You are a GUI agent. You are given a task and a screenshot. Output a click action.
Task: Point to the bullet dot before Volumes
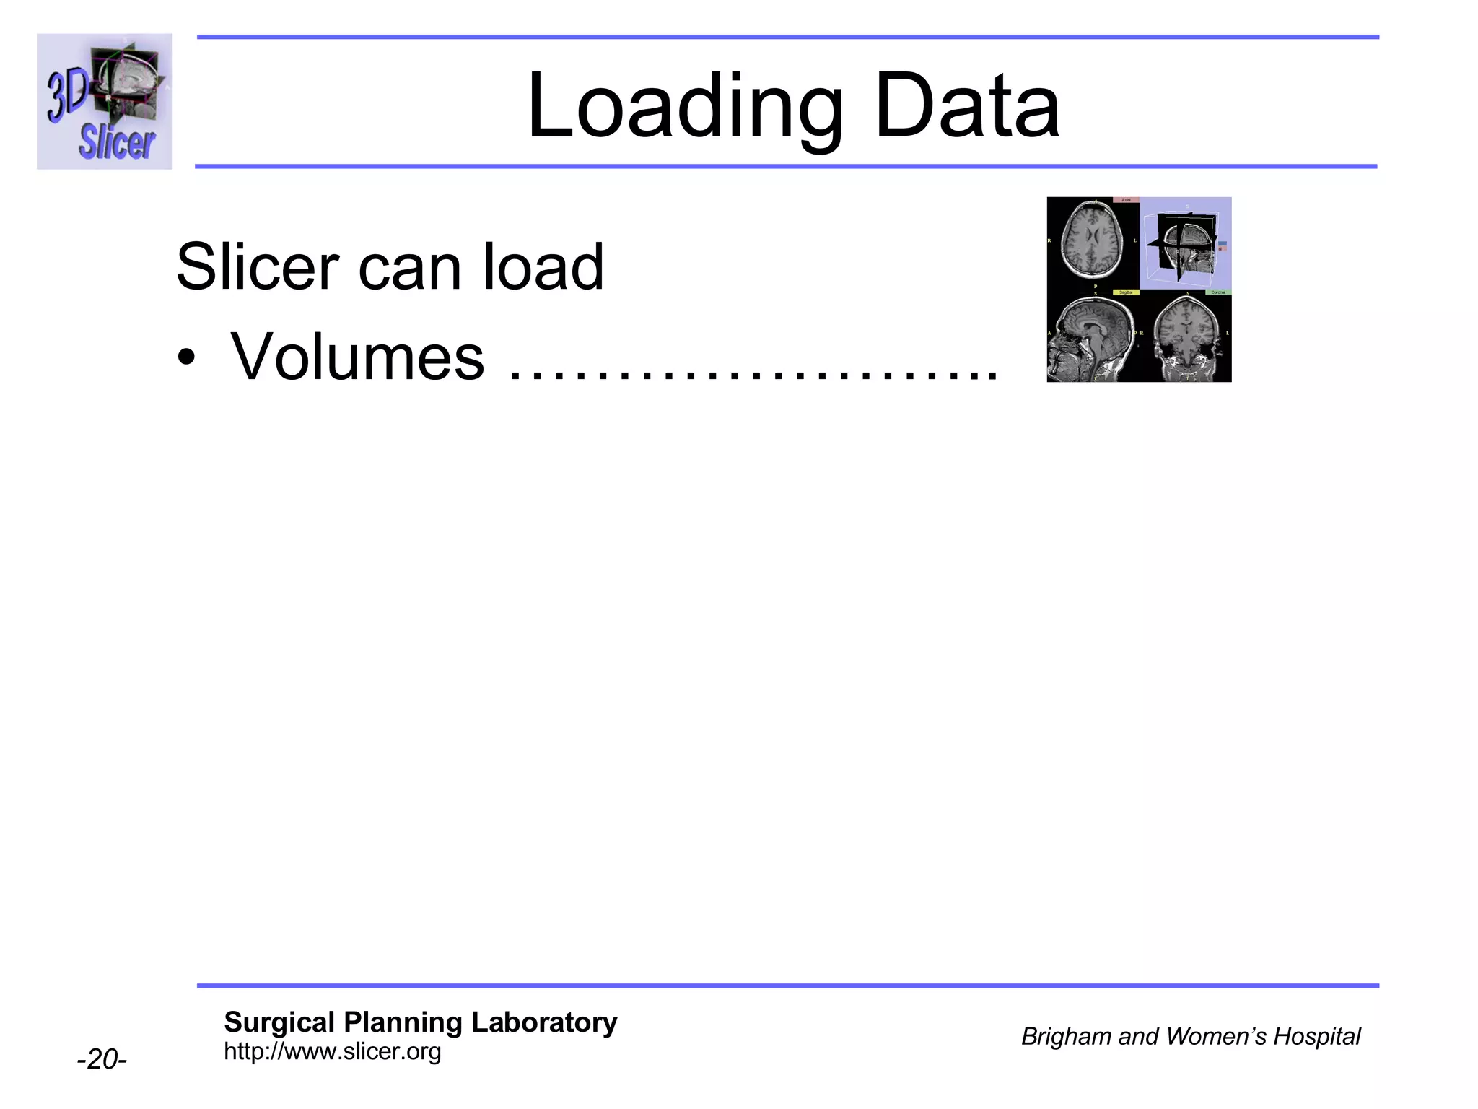click(x=187, y=358)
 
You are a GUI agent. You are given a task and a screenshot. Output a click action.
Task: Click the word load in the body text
click(x=543, y=266)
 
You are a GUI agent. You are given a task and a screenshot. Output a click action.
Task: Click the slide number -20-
click(x=102, y=1059)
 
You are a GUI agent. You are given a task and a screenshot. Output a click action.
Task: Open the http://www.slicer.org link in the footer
click(x=332, y=1051)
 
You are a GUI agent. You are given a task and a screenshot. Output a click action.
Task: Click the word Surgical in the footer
click(x=279, y=1022)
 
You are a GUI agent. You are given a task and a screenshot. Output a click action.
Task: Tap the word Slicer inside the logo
click(x=116, y=142)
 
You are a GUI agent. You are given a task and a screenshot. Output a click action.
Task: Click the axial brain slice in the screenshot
click(x=1092, y=242)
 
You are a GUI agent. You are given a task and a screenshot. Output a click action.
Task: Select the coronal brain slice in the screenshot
click(x=1186, y=337)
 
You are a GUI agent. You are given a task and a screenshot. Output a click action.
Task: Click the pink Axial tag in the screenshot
click(x=1126, y=200)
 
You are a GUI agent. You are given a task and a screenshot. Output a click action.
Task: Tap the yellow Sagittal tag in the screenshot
click(x=1126, y=292)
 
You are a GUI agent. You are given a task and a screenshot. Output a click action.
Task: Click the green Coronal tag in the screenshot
click(x=1218, y=292)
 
